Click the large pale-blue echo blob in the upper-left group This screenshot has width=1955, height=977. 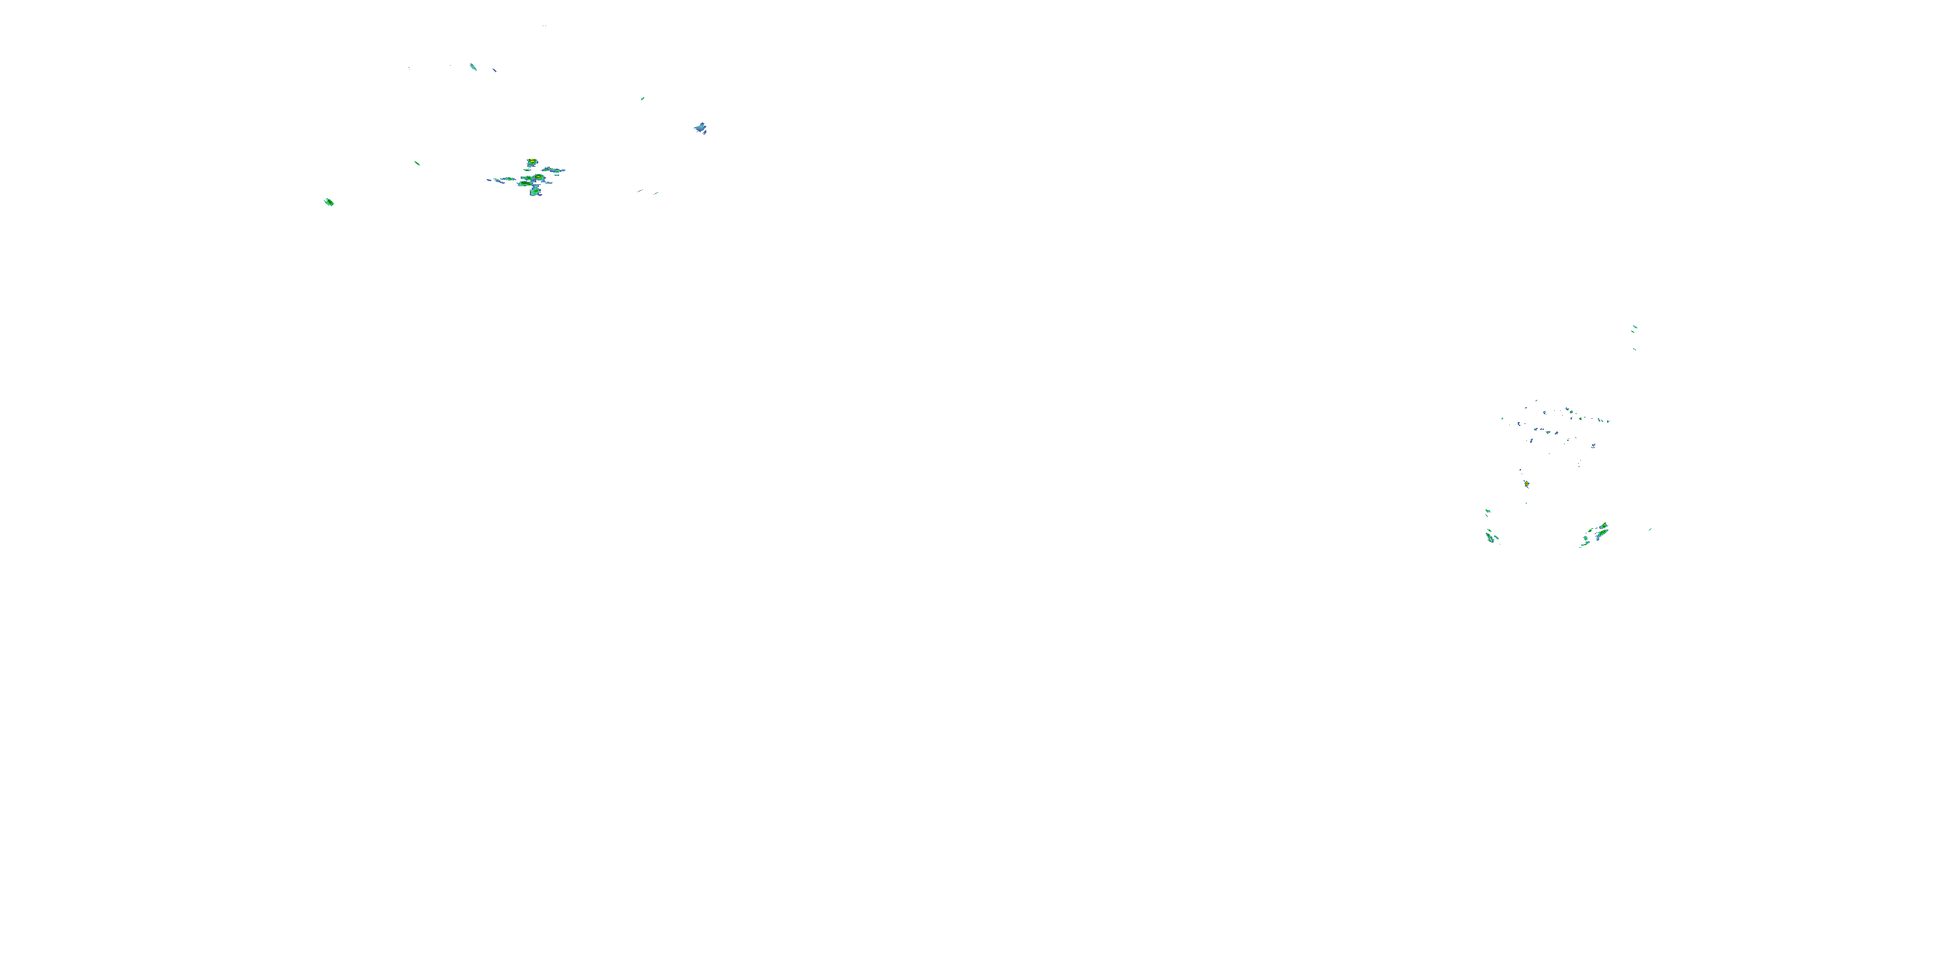pos(700,128)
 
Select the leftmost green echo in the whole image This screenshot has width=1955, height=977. pos(328,202)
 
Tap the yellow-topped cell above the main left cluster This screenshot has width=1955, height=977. pos(532,162)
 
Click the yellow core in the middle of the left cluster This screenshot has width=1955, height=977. pos(538,178)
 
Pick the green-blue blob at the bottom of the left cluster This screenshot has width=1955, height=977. pos(535,192)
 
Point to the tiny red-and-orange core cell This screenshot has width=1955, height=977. pos(1526,483)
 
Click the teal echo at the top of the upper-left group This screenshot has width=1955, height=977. pos(473,66)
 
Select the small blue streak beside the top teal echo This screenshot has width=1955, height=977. pos(495,70)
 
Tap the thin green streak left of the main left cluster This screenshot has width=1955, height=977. pos(416,162)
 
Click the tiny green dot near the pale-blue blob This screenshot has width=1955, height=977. pos(643,98)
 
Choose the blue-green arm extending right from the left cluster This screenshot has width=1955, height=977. pos(554,170)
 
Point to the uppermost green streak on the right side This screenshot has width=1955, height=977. pos(1634,328)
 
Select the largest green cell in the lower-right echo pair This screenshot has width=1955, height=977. pos(1600,531)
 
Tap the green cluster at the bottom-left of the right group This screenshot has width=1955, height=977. pos(1490,537)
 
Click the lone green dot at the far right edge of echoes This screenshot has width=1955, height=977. pos(1650,530)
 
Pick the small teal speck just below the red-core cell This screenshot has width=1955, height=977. pos(1526,502)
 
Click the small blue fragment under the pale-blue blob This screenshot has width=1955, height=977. pos(705,134)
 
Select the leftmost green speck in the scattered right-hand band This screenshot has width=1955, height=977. pos(1502,418)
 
